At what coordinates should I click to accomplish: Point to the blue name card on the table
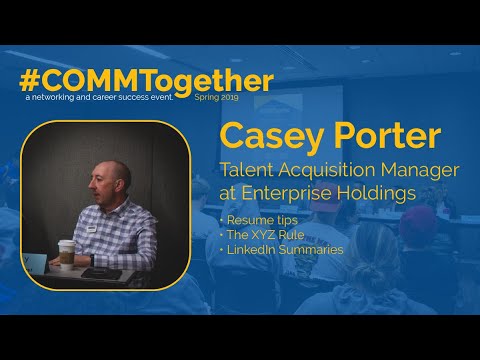click(36, 262)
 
